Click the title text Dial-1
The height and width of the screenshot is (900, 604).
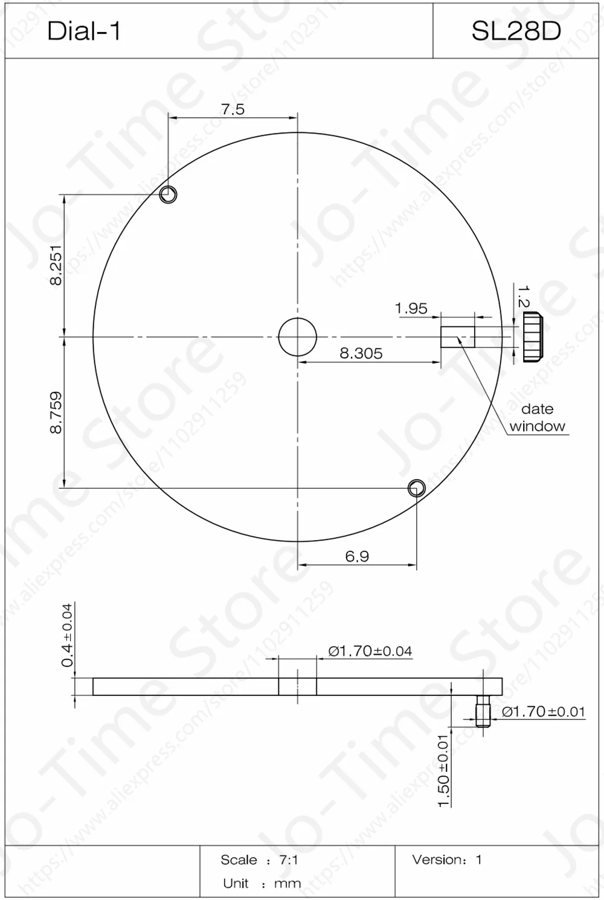tap(84, 31)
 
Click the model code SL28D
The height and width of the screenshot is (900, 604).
tap(516, 31)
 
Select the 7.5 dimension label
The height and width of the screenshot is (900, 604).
tap(233, 109)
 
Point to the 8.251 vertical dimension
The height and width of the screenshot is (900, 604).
tap(56, 265)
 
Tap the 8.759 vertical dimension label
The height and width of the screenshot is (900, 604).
tap(56, 413)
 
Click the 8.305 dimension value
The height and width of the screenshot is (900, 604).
tap(361, 353)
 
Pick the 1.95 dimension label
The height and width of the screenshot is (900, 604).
tap(411, 309)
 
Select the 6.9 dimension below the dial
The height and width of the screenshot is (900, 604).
tap(357, 556)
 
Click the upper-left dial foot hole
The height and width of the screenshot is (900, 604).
tap(168, 194)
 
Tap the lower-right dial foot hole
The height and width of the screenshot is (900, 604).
tap(416, 488)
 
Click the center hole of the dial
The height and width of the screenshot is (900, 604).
tap(297, 337)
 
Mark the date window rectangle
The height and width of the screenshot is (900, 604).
tap(457, 337)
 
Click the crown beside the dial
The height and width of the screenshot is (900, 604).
tap(532, 337)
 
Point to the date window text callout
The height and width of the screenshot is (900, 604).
tap(537, 417)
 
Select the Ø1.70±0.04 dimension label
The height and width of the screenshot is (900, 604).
tap(370, 651)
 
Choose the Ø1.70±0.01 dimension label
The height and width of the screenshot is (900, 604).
tap(543, 712)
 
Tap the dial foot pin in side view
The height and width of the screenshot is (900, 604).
tap(482, 711)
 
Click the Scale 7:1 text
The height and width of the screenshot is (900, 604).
tap(259, 860)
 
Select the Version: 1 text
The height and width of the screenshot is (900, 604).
tap(447, 860)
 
